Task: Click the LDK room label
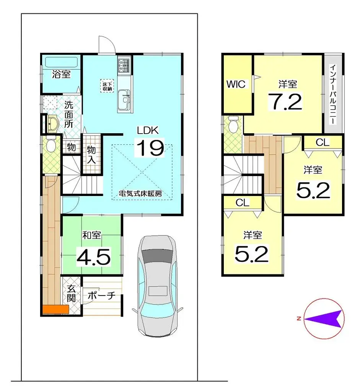(x=148, y=130)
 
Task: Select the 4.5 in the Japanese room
(x=93, y=256)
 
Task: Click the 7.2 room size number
(x=285, y=101)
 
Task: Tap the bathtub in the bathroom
(x=61, y=62)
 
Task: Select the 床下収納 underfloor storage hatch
(x=107, y=86)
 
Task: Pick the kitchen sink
(x=124, y=99)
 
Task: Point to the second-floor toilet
(x=233, y=125)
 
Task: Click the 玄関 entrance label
(x=71, y=293)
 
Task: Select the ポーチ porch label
(x=102, y=296)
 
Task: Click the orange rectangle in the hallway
(x=55, y=309)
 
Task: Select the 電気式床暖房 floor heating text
(x=140, y=193)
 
